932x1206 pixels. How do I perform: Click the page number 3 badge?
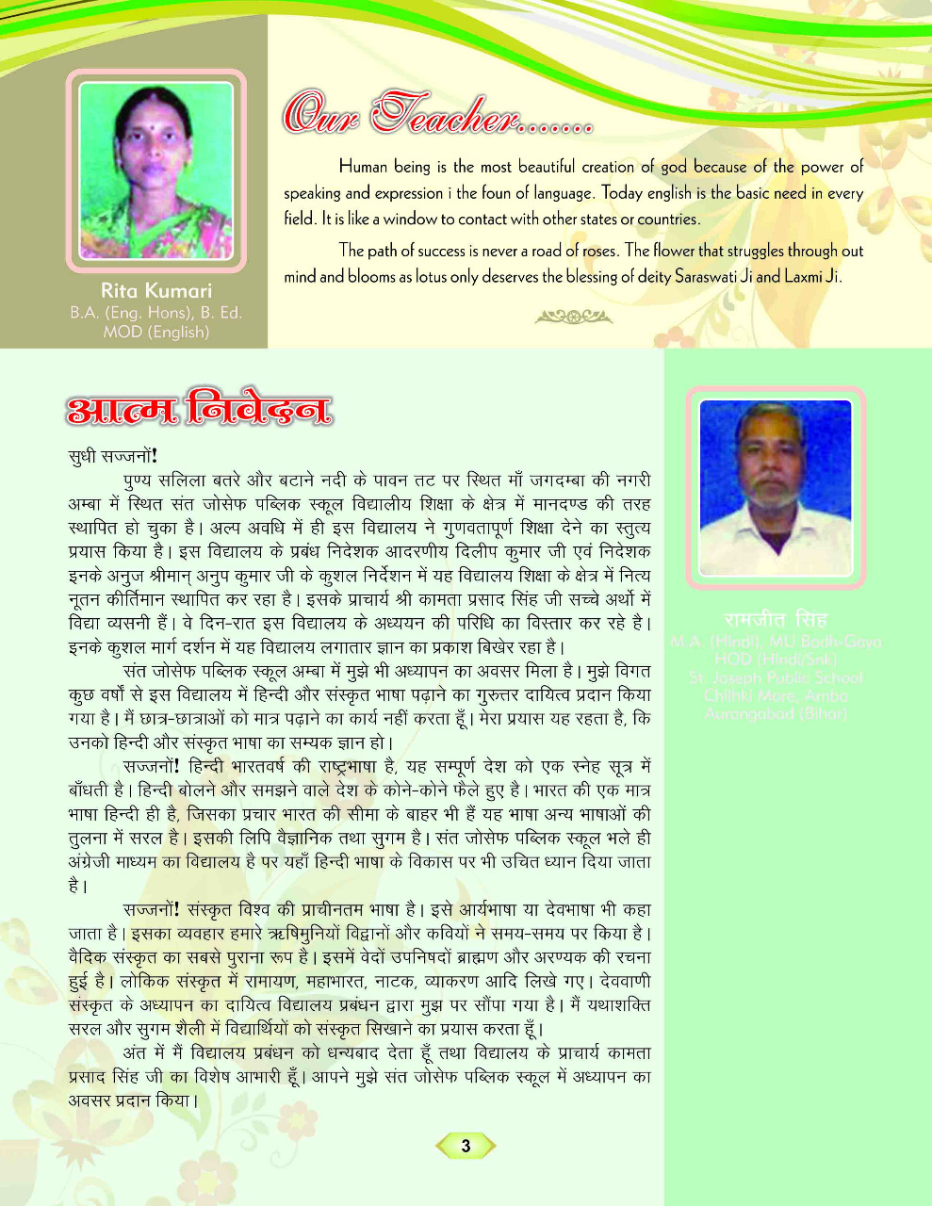[465, 1146]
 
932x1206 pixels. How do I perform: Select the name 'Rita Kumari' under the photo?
[156, 291]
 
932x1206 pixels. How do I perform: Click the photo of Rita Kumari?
[156, 170]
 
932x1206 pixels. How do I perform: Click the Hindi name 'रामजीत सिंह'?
[776, 620]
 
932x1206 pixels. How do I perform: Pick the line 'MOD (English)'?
[156, 332]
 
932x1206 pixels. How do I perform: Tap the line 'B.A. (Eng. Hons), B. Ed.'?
[156, 312]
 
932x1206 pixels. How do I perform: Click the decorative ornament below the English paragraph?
[573, 318]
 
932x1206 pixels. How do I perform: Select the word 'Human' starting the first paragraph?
[363, 167]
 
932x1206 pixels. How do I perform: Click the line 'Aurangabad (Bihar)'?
[776, 713]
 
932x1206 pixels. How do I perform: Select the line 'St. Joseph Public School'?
[776, 677]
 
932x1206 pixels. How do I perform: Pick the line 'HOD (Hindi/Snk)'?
[776, 660]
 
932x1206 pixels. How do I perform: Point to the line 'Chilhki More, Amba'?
[776, 695]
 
